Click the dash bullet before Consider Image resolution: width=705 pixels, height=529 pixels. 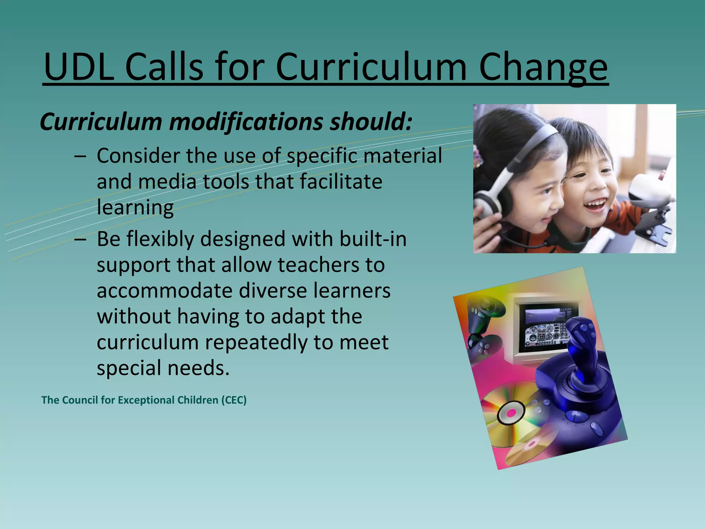pos(80,156)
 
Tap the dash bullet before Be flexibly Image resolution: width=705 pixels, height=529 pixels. pos(80,239)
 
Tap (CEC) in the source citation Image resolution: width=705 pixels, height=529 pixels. pos(234,400)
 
